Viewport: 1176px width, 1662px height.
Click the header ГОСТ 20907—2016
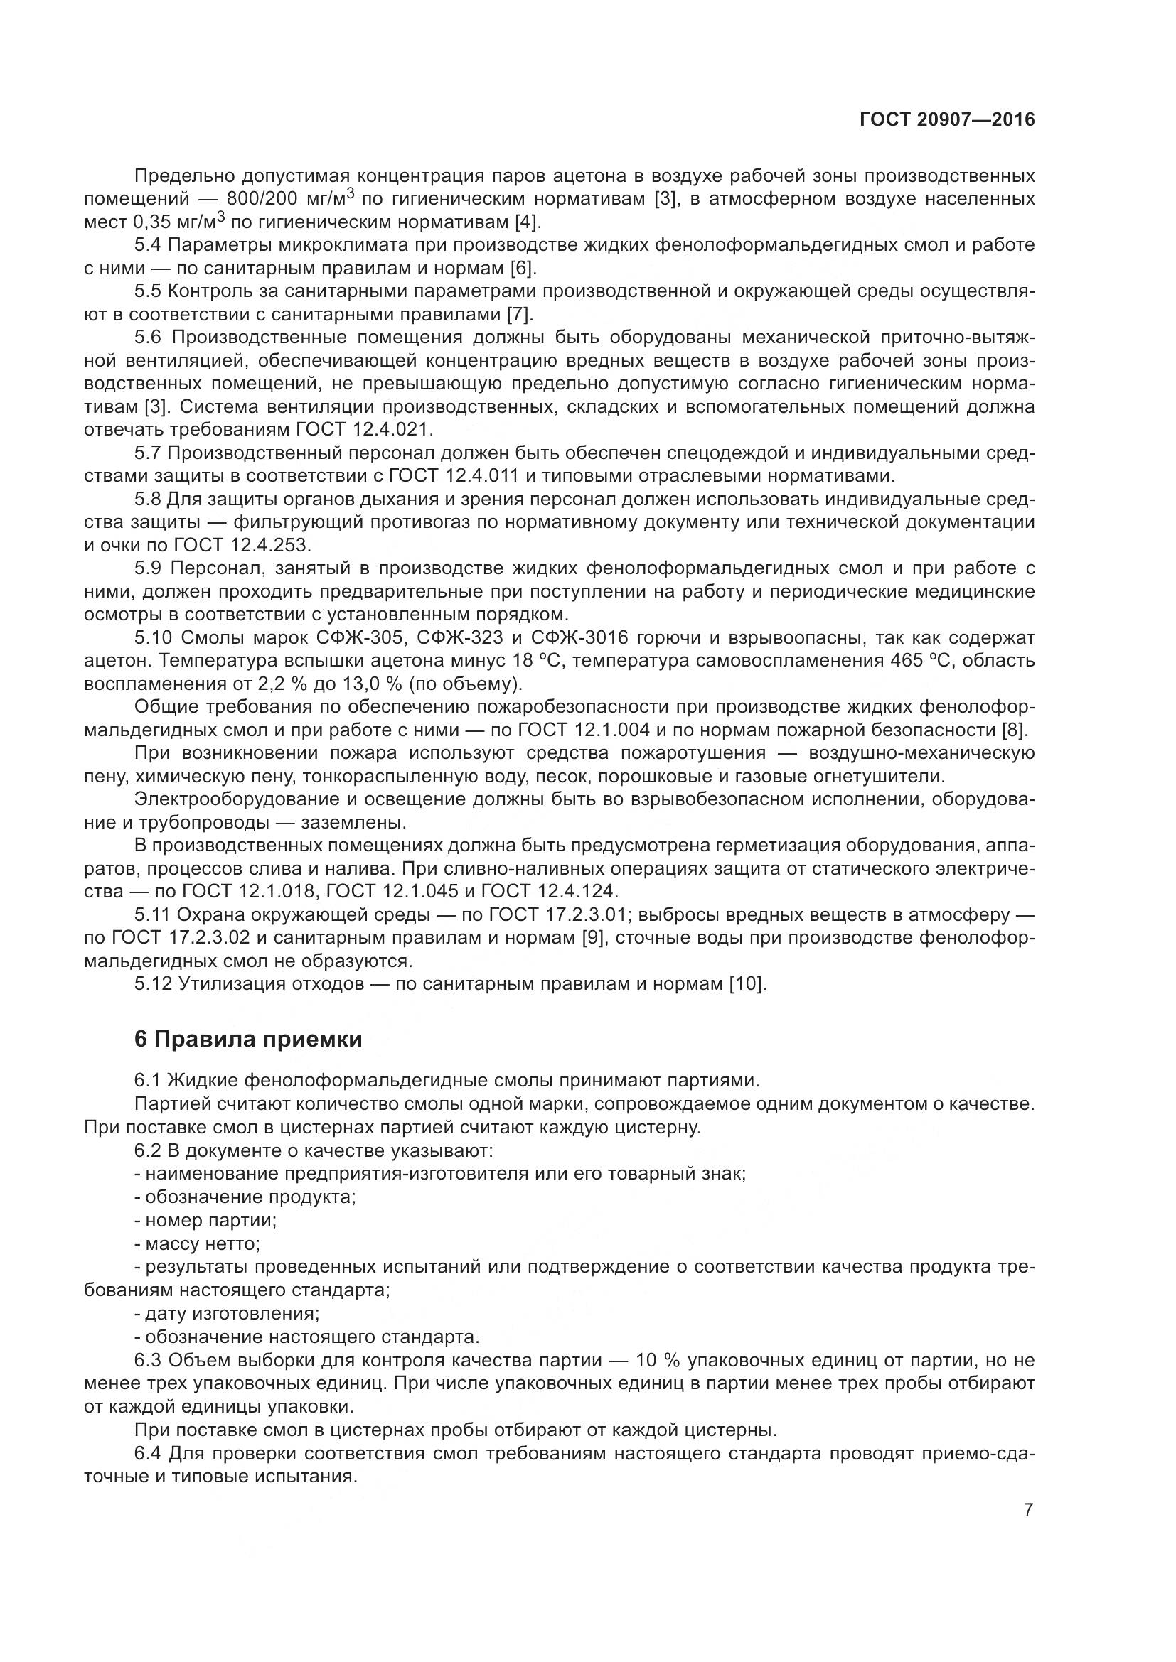point(947,119)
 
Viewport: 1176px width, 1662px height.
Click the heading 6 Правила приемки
point(248,1040)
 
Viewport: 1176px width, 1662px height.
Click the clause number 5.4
point(149,245)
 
